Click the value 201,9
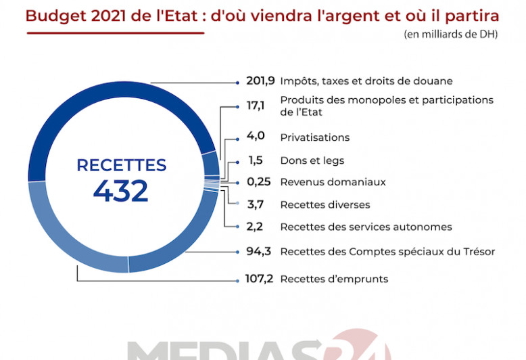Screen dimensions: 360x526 coord(260,81)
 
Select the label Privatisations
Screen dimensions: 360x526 coord(314,137)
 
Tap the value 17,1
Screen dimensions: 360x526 coord(256,106)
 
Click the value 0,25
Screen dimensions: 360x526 coord(258,182)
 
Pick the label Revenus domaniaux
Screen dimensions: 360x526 coord(333,182)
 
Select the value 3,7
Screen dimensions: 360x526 coord(256,204)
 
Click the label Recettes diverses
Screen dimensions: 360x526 coord(325,204)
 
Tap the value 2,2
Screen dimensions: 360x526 coord(256,227)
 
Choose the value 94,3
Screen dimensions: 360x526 coord(258,252)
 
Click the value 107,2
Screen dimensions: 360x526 coord(260,279)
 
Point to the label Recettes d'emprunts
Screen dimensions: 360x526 coord(334,279)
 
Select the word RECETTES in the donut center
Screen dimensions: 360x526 coord(121,165)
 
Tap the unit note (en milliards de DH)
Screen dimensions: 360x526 coord(450,35)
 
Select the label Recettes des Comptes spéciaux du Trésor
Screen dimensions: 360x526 coord(387,252)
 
